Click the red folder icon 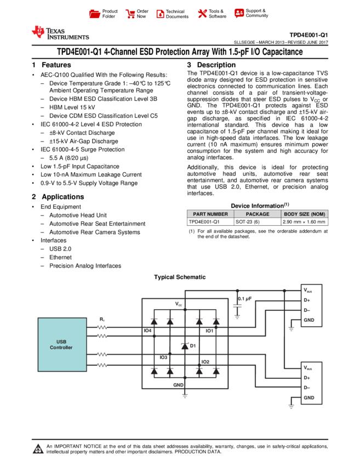pos(95,14)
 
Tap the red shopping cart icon pos(130,14)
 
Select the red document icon pos(160,14)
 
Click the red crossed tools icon pos(203,14)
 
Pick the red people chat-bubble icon pos(239,13)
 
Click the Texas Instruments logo pos(60,33)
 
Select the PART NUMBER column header pos(210,214)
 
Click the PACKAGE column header pos(258,214)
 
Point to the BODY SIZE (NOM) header pos(305,214)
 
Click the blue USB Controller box pos(62,344)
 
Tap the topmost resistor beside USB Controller pos(102,327)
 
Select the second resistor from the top pos(102,336)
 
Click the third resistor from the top pos(102,355)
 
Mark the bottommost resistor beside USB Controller pos(102,365)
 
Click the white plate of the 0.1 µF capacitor pos(237,306)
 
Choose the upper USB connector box pos(311,305)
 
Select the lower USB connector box pos(311,383)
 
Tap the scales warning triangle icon pos(38,449)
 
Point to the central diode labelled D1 pos(185,346)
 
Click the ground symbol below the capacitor pos(237,316)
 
